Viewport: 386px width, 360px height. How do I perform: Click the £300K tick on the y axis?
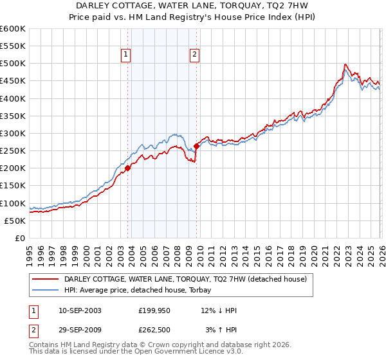13,133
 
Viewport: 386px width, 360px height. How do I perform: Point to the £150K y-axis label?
13,186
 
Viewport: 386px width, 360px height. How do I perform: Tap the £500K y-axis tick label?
13,64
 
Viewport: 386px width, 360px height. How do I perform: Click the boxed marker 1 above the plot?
125,55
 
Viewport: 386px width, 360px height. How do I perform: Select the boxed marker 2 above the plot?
194,55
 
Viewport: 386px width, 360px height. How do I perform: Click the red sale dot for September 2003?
127,168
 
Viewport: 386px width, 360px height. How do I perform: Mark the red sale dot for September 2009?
196,146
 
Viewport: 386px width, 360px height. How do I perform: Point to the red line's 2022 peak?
345,64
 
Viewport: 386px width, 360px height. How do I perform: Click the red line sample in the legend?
46,279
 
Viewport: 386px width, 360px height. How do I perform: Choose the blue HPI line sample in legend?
46,291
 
